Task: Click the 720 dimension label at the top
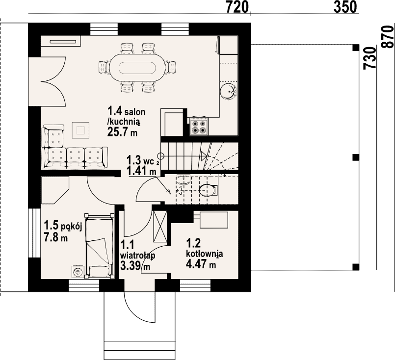(x=237, y=7)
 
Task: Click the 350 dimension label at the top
(x=345, y=7)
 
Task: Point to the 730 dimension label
(x=369, y=58)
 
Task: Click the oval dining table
(x=137, y=68)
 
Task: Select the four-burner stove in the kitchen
(x=199, y=126)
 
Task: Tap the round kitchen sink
(x=228, y=91)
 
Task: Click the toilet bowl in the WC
(x=208, y=190)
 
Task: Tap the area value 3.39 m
(x=135, y=266)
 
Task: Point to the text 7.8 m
(x=56, y=237)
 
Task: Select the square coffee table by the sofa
(x=80, y=130)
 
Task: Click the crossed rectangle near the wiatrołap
(x=160, y=226)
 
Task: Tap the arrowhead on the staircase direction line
(x=204, y=156)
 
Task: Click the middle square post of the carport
(x=356, y=157)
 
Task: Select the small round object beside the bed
(x=77, y=272)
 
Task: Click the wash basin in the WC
(x=183, y=179)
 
